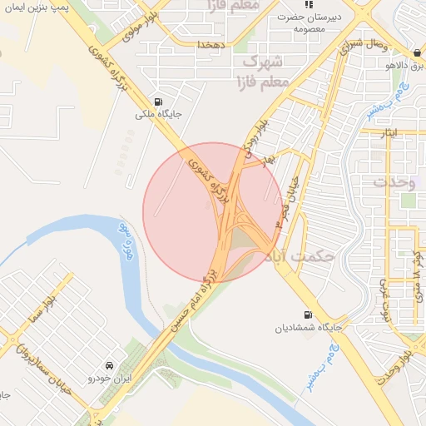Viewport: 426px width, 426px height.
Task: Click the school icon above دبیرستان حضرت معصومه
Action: point(307,7)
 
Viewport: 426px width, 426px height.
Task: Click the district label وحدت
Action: point(394,181)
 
